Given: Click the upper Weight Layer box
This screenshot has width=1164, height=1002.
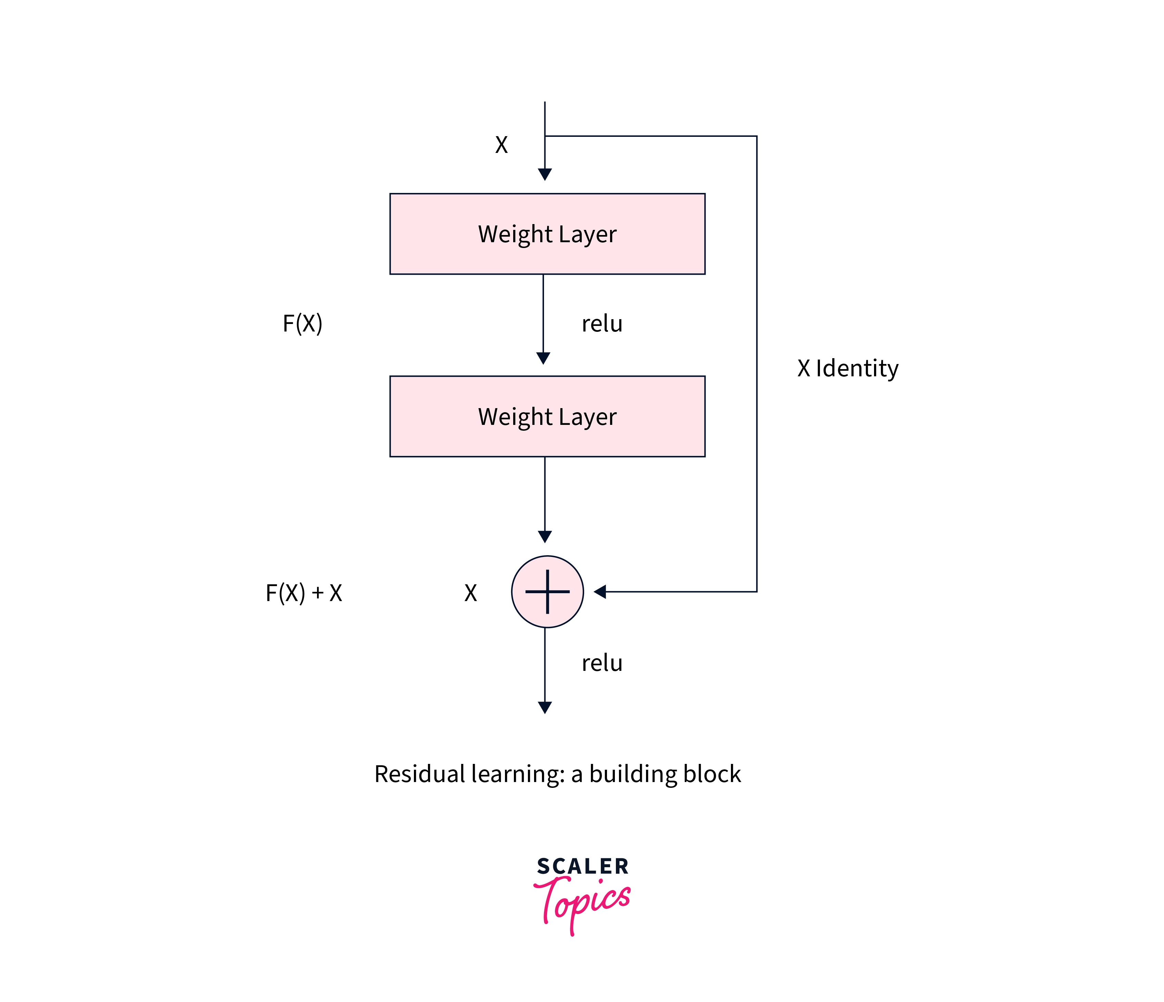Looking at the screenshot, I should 547,234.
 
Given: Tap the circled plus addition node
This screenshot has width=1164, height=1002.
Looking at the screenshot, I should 547,592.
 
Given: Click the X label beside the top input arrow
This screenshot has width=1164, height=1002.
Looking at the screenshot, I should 501,145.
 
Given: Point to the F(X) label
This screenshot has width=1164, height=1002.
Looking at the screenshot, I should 302,323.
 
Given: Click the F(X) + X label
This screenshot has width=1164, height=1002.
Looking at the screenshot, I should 303,593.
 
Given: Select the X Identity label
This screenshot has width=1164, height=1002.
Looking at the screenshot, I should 848,368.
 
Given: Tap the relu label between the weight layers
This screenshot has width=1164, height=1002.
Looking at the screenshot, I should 602,324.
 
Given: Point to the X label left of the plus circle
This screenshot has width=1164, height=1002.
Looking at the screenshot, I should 470,593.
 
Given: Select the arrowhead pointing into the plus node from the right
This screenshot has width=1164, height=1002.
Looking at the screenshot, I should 600,592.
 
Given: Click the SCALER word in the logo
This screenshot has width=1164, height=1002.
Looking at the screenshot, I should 583,866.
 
